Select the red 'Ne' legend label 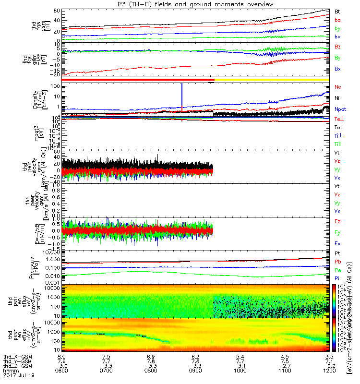tap(337, 87)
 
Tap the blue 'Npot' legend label tap(340, 109)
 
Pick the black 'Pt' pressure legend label tap(337, 253)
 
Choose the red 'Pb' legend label tap(337, 262)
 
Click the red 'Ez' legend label tap(337, 222)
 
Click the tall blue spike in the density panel tap(182, 96)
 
